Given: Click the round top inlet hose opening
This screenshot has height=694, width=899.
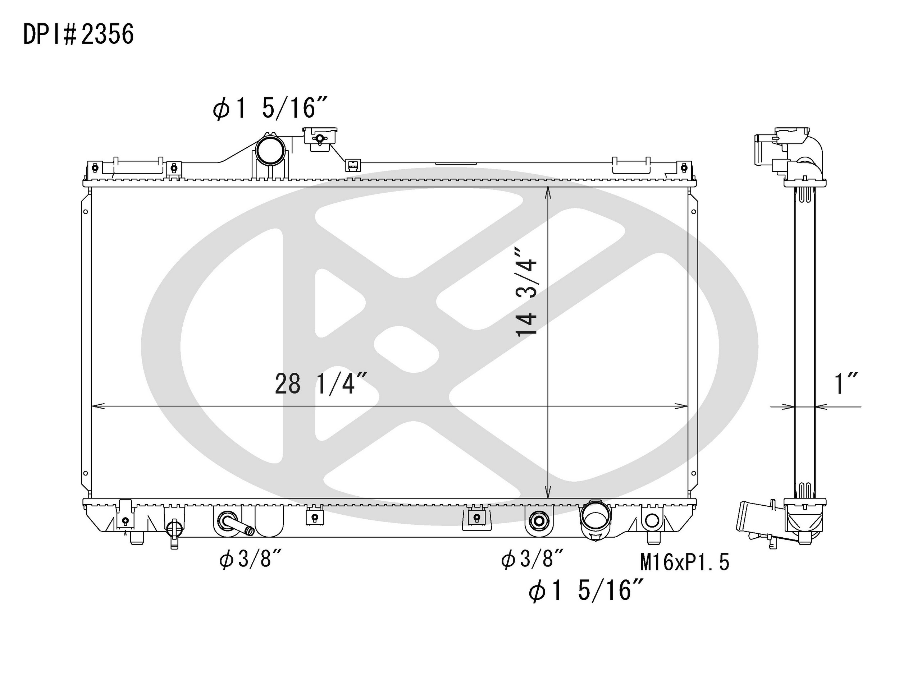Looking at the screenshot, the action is (x=270, y=150).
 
